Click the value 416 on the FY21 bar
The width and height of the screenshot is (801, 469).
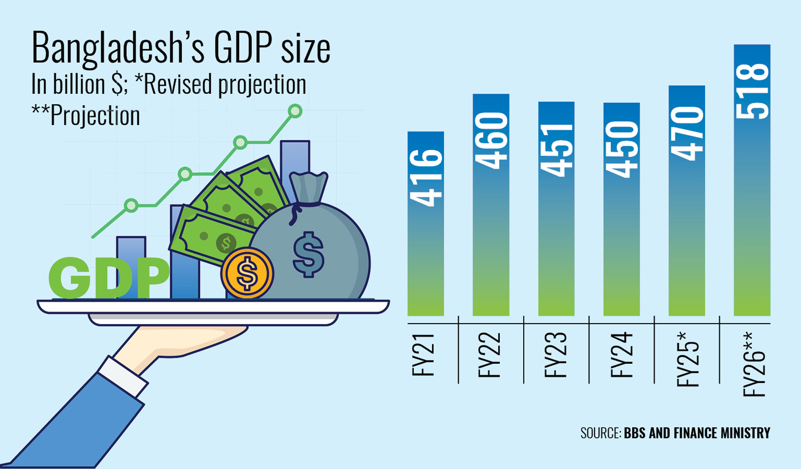(426, 178)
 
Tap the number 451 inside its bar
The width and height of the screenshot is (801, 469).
(556, 150)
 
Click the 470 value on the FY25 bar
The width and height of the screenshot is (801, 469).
(687, 133)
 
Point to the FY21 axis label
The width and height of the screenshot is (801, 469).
(423, 355)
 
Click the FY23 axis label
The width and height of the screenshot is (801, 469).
(555, 355)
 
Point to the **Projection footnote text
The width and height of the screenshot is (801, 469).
(86, 116)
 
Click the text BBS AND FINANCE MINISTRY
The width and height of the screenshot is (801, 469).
(697, 433)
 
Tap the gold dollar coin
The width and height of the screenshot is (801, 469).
(247, 273)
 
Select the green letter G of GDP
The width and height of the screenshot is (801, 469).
(70, 278)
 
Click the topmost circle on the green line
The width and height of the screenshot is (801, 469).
(295, 111)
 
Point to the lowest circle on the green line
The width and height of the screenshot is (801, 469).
(131, 206)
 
